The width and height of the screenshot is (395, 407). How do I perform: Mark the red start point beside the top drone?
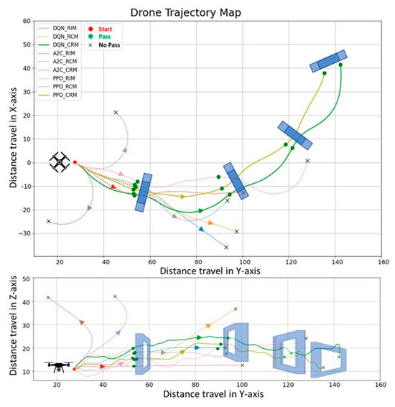click(x=75, y=162)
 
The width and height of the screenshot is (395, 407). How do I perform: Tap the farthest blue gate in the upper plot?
click(x=328, y=61)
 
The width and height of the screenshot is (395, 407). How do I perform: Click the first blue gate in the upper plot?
click(x=144, y=192)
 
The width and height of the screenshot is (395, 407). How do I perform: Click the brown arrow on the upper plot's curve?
click(x=89, y=208)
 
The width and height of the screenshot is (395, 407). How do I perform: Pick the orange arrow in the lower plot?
click(x=208, y=326)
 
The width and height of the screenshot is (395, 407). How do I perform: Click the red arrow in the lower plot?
click(x=102, y=366)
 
